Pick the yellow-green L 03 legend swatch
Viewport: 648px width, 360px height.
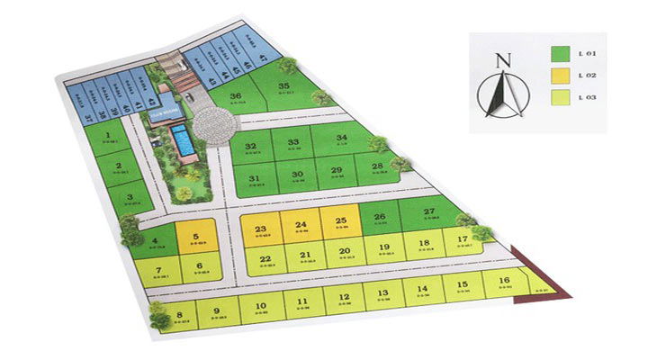(x=560, y=97)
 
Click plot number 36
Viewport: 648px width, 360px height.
(x=237, y=97)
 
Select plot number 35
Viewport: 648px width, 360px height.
(x=284, y=88)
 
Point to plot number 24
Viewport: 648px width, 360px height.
(x=301, y=228)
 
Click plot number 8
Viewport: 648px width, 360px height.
(x=179, y=316)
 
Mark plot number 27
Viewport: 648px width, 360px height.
(x=429, y=214)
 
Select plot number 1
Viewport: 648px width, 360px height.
(x=108, y=139)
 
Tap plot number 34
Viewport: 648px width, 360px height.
(x=341, y=140)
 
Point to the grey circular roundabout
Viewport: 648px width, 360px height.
(x=214, y=125)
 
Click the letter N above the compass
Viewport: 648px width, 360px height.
(x=503, y=61)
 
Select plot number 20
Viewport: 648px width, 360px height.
(x=343, y=254)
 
